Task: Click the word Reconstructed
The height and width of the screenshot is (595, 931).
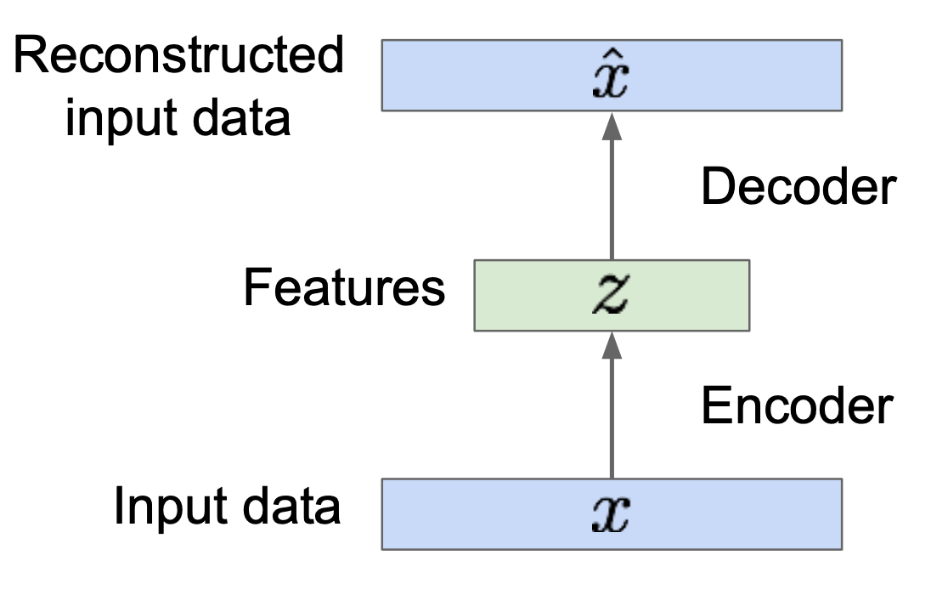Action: click(179, 58)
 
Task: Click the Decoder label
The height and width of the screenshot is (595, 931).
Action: click(798, 187)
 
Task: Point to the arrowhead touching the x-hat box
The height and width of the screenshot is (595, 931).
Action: click(612, 125)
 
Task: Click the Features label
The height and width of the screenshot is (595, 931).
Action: click(343, 289)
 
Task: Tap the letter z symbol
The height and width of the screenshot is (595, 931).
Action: click(612, 295)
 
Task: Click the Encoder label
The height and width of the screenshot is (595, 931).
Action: click(796, 406)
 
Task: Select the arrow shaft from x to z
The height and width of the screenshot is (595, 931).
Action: click(612, 416)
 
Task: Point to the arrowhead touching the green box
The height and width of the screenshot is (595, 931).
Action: click(612, 343)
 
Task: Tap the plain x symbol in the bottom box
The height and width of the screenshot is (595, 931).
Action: click(612, 513)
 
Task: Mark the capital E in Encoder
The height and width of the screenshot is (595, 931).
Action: click(715, 406)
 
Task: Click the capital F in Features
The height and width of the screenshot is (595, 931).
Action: click(256, 289)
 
